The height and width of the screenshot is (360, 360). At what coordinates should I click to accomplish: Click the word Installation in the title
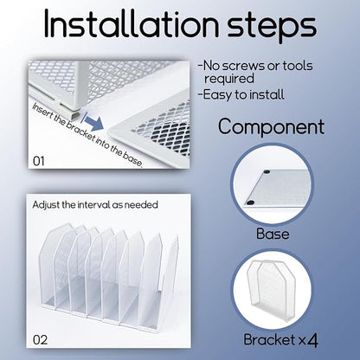pos(132,23)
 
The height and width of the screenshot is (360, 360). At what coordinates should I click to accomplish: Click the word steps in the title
pos(272,27)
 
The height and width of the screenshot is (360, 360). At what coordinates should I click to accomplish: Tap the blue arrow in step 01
pos(93,121)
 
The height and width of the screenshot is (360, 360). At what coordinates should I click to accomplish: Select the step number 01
pos(39,161)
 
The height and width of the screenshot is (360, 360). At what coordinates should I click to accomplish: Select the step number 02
pos(40,340)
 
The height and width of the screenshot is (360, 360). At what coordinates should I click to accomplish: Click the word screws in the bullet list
pos(244,66)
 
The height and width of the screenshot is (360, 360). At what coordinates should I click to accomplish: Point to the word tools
pos(298,66)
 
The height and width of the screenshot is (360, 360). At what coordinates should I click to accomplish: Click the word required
pos(229,79)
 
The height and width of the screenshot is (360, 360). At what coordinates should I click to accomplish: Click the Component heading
pos(271,126)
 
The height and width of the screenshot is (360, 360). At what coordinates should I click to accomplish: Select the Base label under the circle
pos(273,234)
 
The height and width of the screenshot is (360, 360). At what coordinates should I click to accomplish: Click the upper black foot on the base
pos(267,171)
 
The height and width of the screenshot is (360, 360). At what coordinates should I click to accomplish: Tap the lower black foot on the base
pos(250,202)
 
